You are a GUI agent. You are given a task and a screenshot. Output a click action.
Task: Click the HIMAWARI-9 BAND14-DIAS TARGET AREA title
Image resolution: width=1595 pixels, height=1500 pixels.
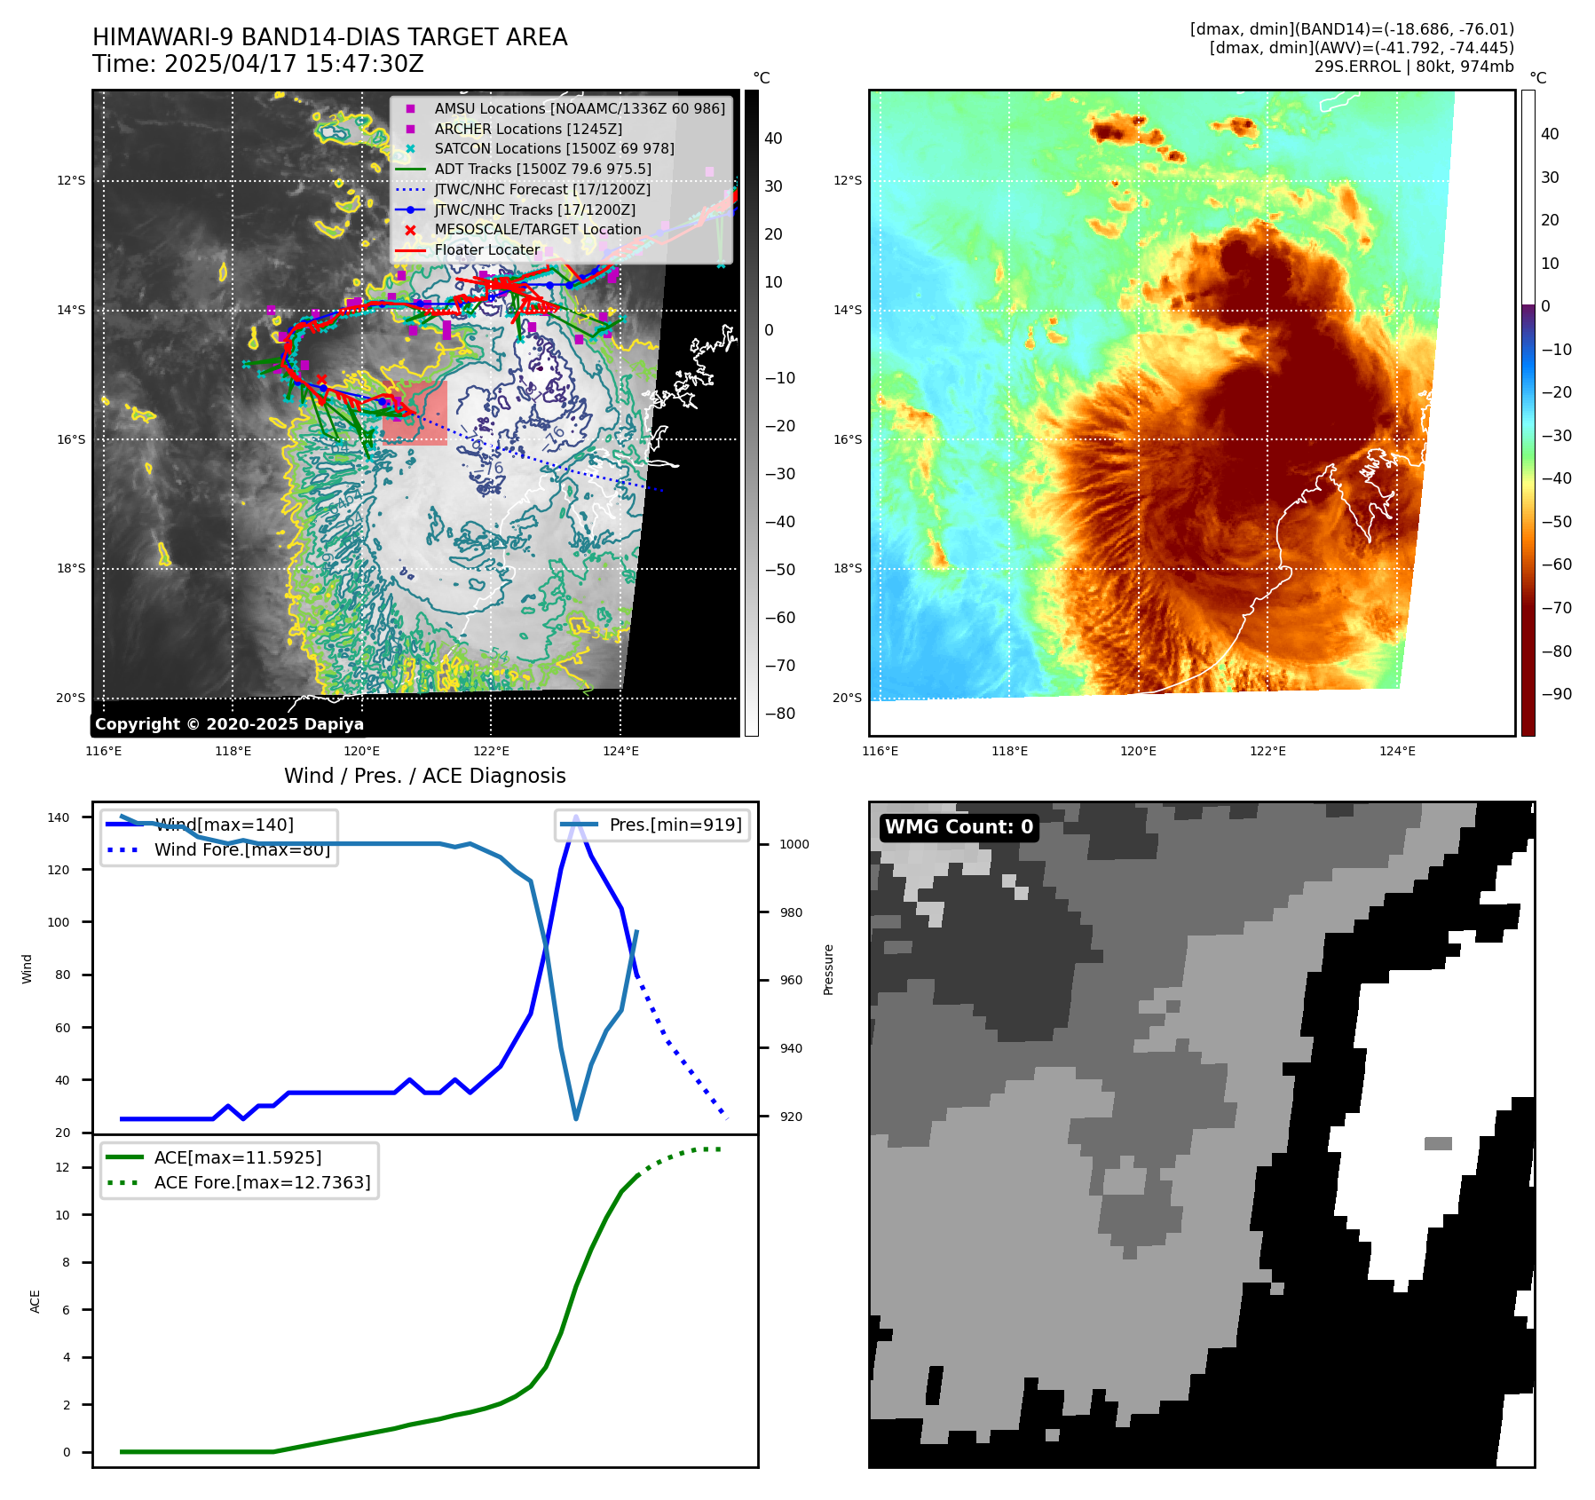tap(329, 37)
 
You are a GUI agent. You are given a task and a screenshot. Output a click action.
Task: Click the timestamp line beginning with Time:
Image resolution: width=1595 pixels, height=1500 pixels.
tap(257, 64)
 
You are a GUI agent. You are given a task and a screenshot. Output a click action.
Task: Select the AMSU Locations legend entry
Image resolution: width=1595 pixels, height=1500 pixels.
tap(579, 108)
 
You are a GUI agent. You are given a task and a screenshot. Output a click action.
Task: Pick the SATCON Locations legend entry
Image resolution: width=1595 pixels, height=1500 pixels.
tap(554, 148)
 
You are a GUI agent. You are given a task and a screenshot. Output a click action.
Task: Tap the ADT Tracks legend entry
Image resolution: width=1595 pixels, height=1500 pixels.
tap(542, 169)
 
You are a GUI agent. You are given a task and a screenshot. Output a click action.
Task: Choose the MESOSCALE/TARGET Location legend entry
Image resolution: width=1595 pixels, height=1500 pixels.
tap(537, 229)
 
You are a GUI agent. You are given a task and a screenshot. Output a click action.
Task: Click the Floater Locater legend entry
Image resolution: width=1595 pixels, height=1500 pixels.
tap(486, 249)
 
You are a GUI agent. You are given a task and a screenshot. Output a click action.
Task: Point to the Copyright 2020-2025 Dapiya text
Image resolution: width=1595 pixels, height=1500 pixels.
tap(229, 724)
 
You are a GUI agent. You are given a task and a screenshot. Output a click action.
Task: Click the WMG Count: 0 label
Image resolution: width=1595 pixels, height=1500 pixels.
tap(959, 827)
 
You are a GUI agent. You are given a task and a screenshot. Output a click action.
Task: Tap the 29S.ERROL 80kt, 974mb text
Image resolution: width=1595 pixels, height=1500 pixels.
tap(1414, 67)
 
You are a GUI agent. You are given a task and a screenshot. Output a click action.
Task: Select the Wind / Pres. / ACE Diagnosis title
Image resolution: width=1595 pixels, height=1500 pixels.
tap(424, 776)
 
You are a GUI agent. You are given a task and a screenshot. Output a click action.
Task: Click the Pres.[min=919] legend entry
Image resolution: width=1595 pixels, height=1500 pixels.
tap(675, 825)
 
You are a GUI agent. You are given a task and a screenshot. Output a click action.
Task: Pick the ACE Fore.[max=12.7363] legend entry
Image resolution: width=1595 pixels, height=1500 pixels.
tap(262, 1182)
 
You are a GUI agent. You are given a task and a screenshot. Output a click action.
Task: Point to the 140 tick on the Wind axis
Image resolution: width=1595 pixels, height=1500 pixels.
tap(59, 817)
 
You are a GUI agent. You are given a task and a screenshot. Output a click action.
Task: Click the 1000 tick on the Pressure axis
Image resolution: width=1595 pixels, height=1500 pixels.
tap(794, 844)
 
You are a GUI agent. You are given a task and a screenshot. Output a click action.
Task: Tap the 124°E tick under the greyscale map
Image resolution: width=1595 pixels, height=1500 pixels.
tap(620, 751)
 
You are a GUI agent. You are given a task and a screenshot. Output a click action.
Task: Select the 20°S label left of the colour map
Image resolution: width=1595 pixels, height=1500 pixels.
tap(847, 698)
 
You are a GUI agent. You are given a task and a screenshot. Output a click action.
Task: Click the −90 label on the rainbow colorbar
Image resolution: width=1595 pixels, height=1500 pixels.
tap(1556, 694)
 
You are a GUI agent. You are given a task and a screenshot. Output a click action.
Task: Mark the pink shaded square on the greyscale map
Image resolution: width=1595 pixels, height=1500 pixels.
tap(415, 413)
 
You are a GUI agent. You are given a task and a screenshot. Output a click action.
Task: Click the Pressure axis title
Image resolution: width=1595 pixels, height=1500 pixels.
tap(828, 969)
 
